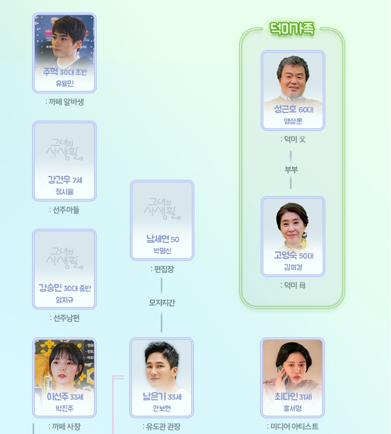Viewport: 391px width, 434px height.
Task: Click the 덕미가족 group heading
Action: (292, 29)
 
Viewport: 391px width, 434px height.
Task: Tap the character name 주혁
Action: (50, 72)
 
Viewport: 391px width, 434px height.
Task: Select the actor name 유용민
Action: (64, 84)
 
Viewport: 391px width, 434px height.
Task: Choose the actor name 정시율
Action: (64, 192)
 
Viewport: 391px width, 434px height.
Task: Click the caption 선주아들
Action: (64, 210)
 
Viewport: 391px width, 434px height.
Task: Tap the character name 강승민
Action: (50, 288)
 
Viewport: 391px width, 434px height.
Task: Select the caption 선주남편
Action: (64, 318)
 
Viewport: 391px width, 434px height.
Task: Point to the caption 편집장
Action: (162, 269)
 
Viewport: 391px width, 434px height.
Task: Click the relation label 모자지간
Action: (162, 303)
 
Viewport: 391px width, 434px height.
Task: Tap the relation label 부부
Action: (292, 169)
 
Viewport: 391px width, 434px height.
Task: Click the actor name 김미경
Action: (292, 267)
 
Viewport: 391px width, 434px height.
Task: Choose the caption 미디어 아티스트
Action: (293, 426)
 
